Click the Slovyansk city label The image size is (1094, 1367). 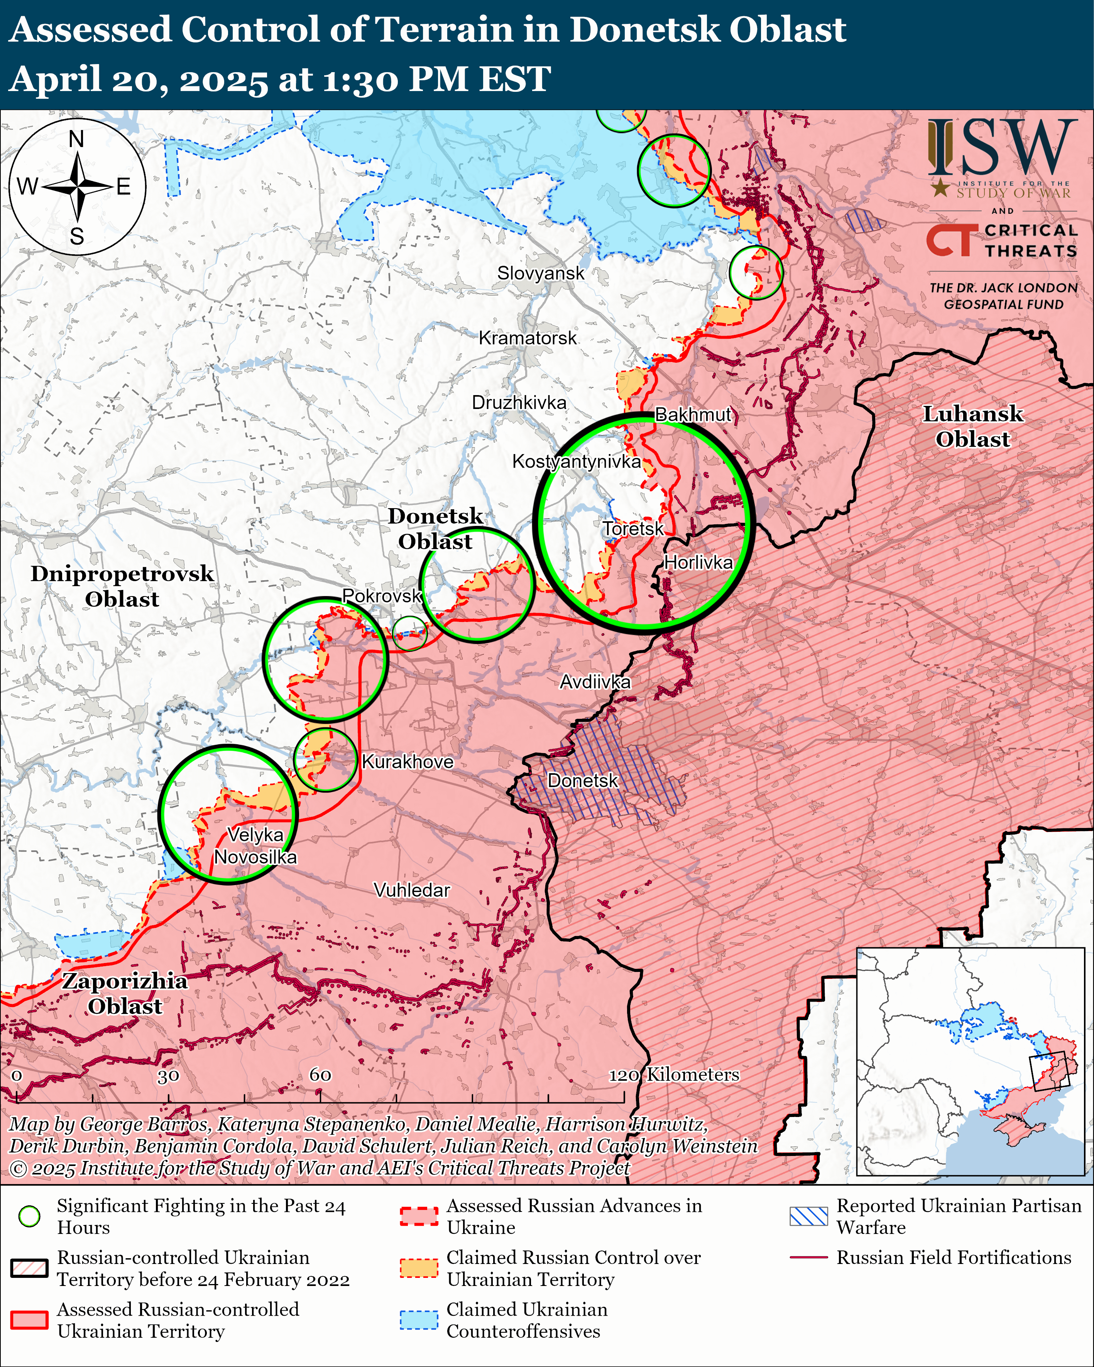tap(540, 273)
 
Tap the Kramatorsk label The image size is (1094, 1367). tap(527, 338)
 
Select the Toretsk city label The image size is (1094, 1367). tap(632, 529)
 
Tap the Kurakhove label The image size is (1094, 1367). tap(407, 762)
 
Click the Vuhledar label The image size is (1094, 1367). tap(412, 890)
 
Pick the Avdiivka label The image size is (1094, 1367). tap(595, 682)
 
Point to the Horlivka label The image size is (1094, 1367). tap(698, 563)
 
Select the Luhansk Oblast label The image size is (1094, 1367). tap(972, 427)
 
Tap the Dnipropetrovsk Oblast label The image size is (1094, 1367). tap(122, 586)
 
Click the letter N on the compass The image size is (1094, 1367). tap(76, 139)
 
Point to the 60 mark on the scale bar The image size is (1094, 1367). tap(320, 1075)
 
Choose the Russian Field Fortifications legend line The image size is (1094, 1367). tap(808, 1257)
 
